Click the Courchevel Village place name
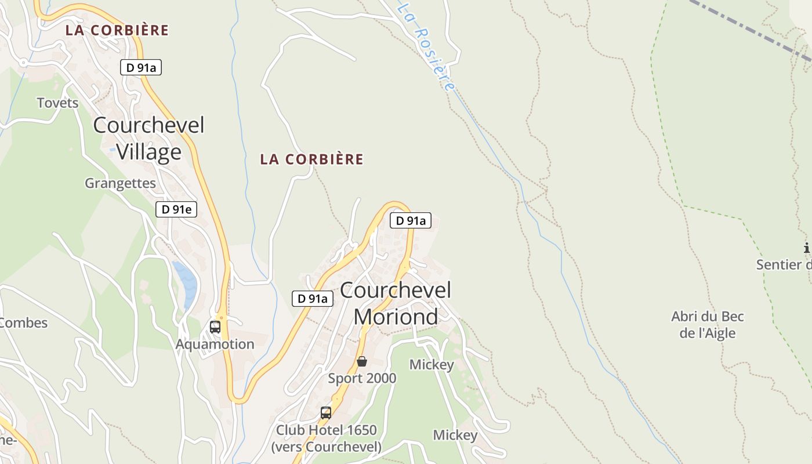coord(148,139)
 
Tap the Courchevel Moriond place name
coord(396,303)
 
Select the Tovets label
coord(57,103)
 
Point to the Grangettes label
coord(120,183)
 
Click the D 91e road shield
coord(176,209)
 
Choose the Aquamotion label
coord(215,344)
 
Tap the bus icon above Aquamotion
coord(215,327)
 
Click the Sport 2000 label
coord(362,378)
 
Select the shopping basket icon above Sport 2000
coord(362,361)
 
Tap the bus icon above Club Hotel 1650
coord(326,413)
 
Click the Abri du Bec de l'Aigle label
coord(708,325)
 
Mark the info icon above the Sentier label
coord(807,248)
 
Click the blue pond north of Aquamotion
coord(186,282)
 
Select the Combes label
coord(23,322)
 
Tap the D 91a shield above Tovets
coord(141,67)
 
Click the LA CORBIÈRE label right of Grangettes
coord(311,159)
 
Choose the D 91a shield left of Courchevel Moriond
coord(312,299)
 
